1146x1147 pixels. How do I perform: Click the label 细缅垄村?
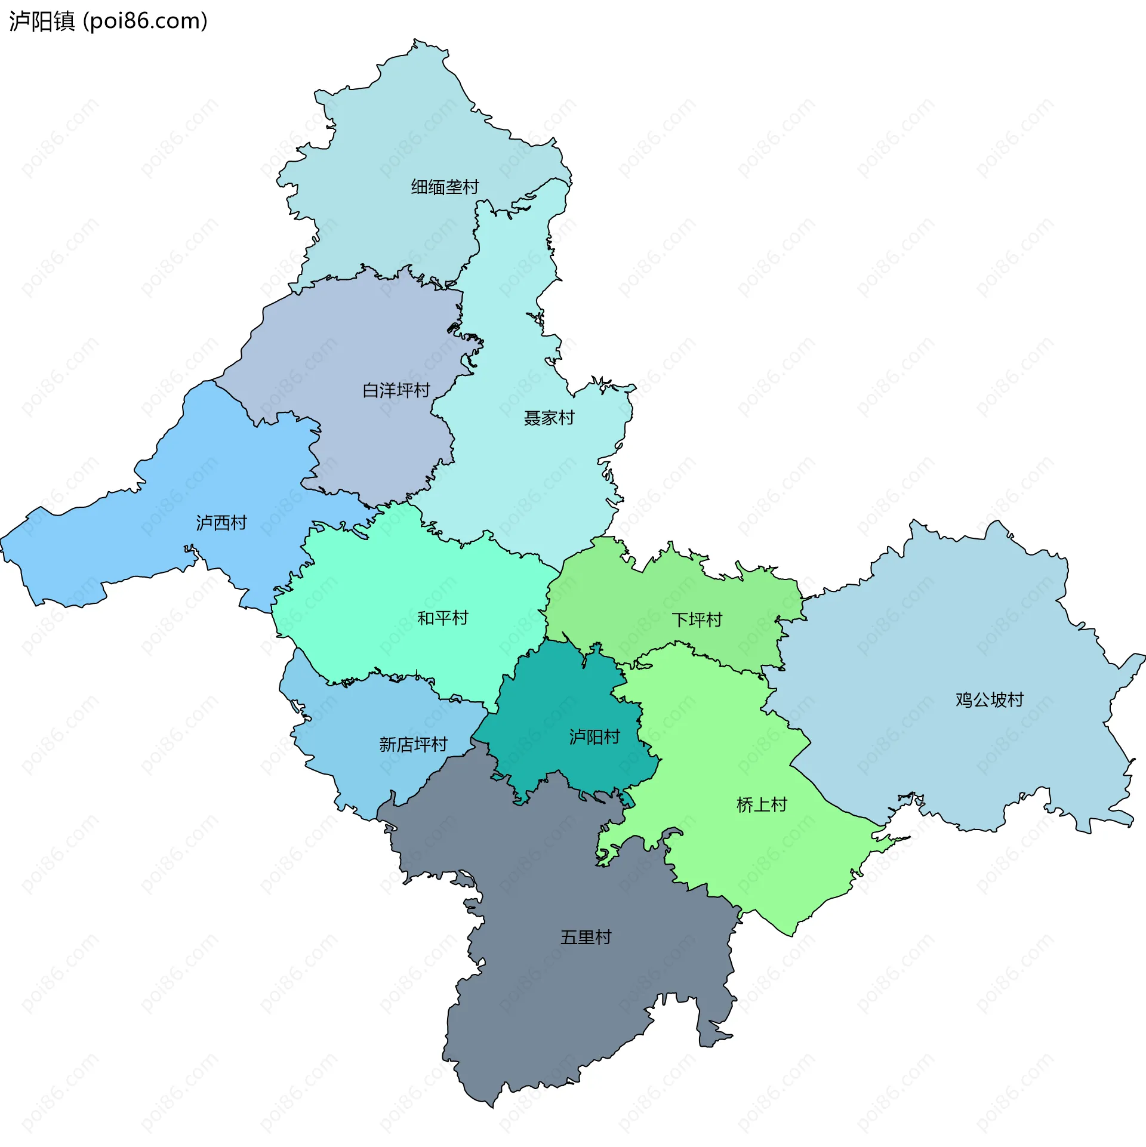coord(445,187)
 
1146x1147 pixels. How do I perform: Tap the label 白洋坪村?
coord(396,390)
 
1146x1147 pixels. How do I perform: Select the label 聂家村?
coord(549,418)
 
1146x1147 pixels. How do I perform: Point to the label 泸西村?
coord(221,523)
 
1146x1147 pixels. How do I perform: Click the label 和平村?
coord(442,618)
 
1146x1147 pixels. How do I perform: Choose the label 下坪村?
coord(697,619)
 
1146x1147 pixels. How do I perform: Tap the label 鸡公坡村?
coord(990,699)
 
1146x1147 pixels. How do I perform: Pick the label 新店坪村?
coord(413,744)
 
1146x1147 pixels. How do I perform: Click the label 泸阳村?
coord(594,737)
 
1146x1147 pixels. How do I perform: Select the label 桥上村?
coord(762,805)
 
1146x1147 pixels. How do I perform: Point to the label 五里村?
coord(586,937)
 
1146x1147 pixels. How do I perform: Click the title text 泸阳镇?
coord(42,21)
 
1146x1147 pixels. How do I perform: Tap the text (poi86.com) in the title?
coord(145,21)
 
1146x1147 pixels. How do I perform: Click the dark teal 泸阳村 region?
coord(555,704)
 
